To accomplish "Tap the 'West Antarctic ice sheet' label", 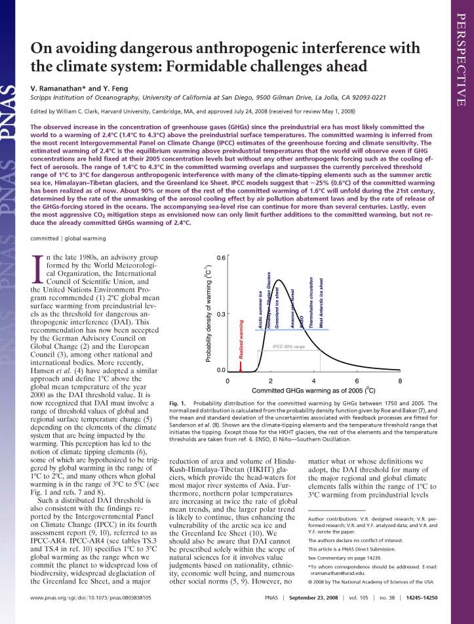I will (x=321, y=294).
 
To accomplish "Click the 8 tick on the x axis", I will (x=400, y=380).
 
